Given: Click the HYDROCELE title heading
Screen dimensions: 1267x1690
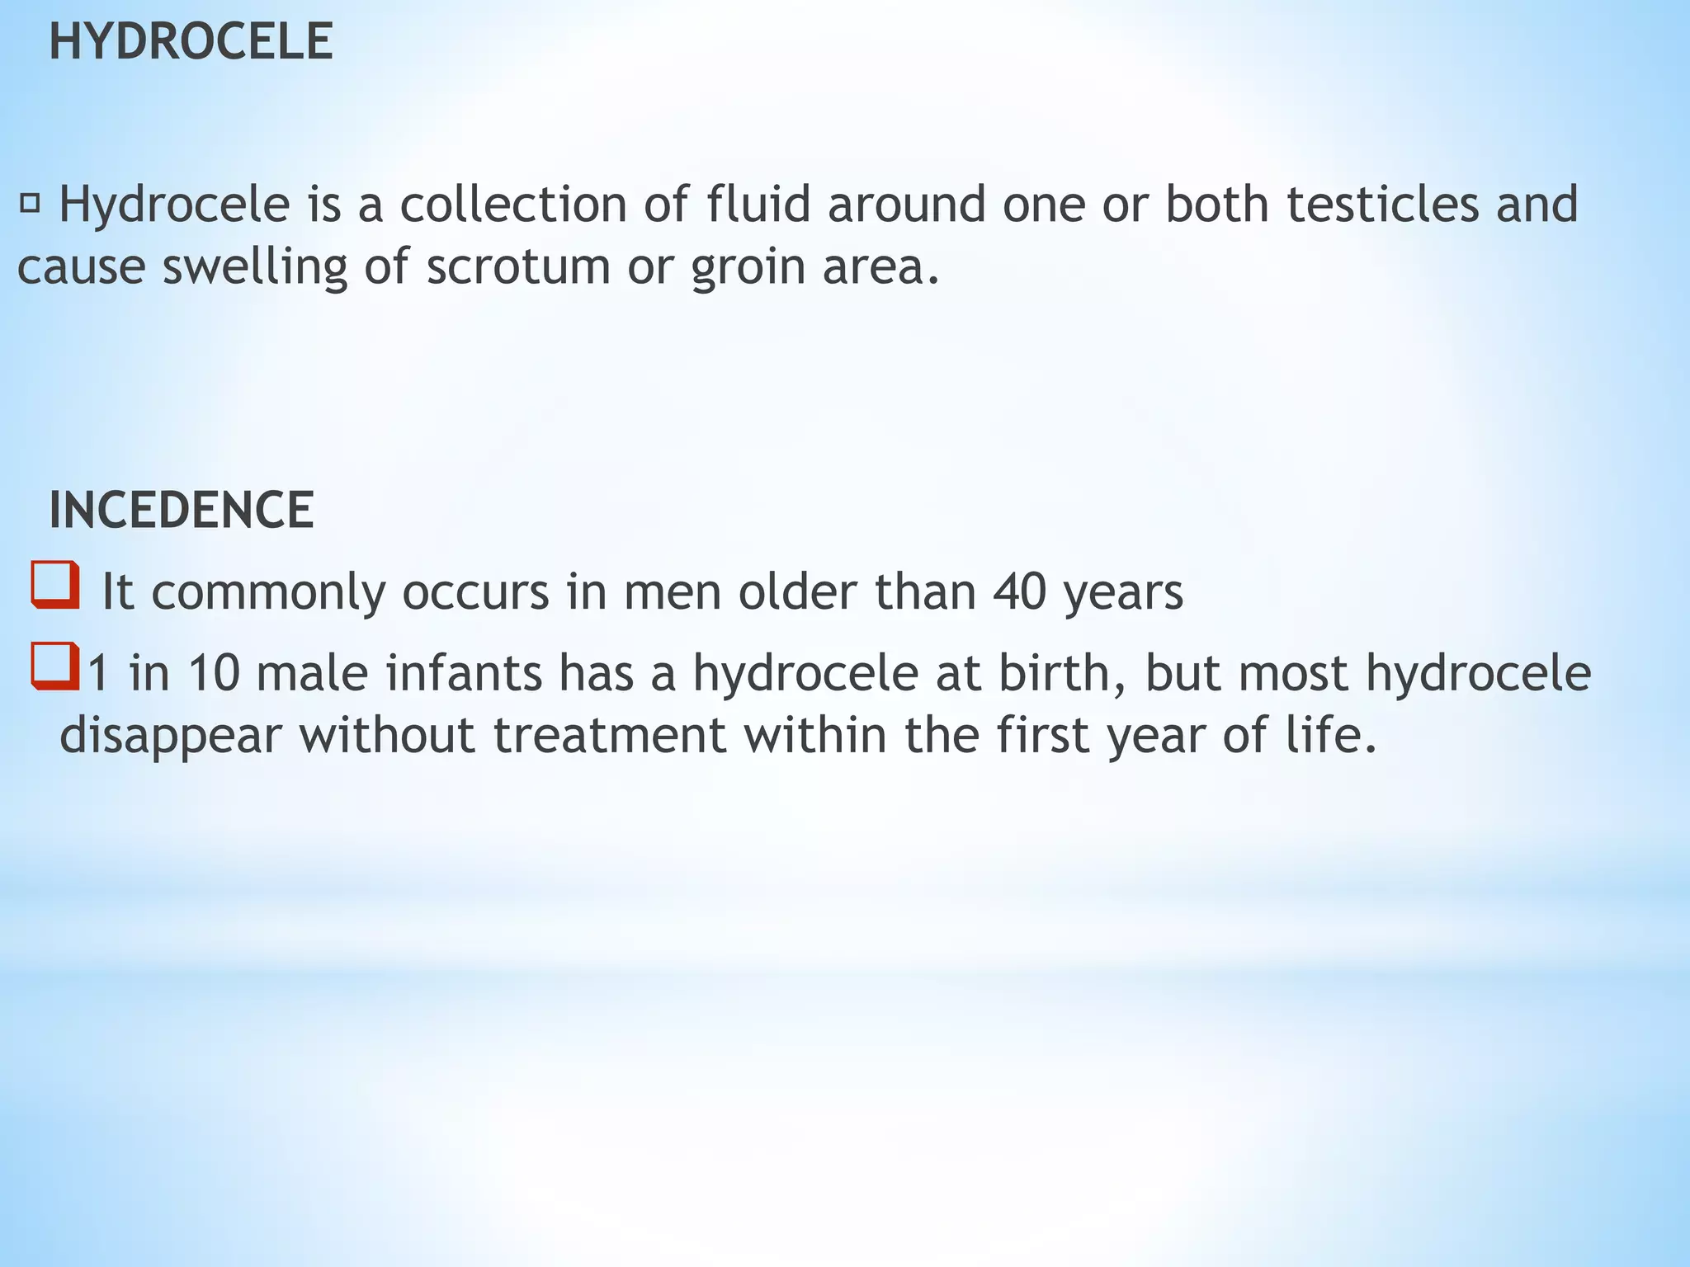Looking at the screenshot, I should click(191, 42).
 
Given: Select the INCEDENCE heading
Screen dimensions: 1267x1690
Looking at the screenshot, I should click(182, 510).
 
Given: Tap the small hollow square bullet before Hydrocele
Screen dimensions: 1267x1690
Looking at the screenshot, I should click(31, 203).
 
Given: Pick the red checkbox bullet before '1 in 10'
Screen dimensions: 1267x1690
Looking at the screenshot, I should click(55, 666).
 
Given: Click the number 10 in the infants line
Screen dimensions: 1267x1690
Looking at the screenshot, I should click(213, 672).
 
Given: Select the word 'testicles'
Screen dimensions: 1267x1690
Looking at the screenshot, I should click(1382, 205).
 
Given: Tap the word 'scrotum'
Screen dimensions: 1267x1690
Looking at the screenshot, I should click(517, 267).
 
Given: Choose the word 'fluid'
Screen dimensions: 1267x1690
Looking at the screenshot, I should click(758, 204).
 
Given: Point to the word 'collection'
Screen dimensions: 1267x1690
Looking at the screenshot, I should click(513, 205).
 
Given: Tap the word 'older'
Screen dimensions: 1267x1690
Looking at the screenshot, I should click(798, 591).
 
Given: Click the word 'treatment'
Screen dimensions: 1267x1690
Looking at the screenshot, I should click(610, 735).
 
